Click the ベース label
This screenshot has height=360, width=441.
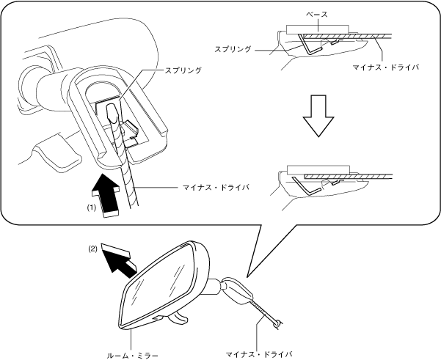(318, 15)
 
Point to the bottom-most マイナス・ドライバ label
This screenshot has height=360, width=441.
(262, 353)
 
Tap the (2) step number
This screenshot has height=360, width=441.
(93, 249)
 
